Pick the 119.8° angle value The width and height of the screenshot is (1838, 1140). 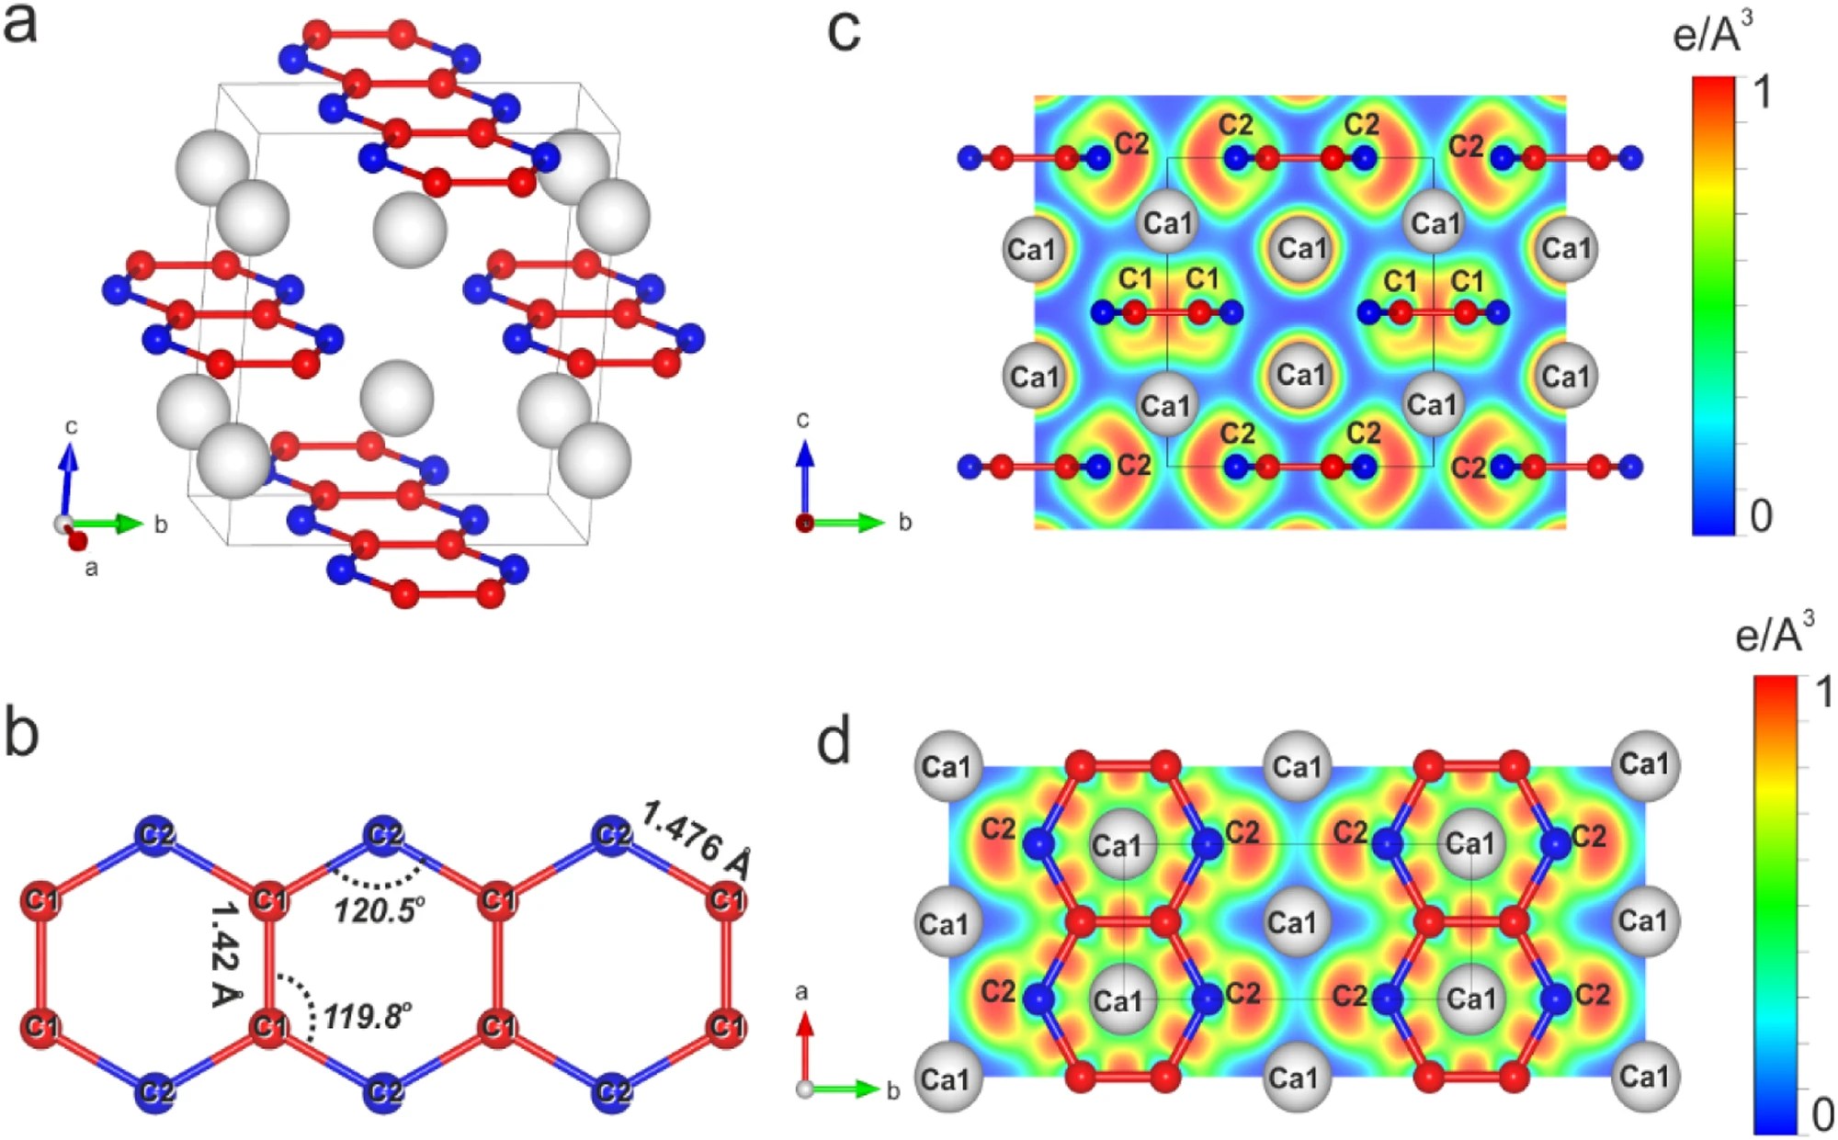coord(367,1016)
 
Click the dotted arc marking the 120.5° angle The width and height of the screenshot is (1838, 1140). coord(377,880)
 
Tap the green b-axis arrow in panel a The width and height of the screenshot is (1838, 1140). coord(110,524)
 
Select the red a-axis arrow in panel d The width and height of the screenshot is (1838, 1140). coord(805,1047)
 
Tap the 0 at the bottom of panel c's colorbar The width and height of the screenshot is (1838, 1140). coord(1761,516)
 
